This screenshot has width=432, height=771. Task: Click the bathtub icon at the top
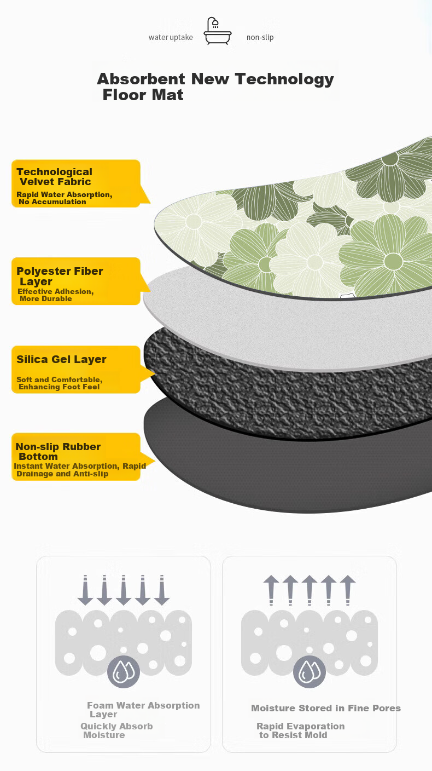[218, 31]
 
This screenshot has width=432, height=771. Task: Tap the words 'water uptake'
[171, 37]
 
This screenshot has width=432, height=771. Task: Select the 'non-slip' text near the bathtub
[260, 37]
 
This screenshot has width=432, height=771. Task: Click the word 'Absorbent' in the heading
[141, 79]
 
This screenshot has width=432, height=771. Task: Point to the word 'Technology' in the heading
[284, 79]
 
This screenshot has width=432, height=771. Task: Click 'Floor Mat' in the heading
[143, 95]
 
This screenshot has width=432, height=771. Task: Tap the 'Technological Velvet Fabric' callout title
[55, 176]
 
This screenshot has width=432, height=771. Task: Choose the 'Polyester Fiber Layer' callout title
[60, 276]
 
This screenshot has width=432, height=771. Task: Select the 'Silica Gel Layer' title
[61, 359]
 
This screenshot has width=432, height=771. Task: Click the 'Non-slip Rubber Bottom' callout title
[58, 451]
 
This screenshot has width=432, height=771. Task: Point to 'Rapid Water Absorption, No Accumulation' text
[65, 198]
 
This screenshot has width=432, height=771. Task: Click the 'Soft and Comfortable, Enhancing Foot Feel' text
[60, 383]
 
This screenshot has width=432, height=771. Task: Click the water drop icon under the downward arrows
[124, 671]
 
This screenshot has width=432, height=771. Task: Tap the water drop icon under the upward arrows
[310, 671]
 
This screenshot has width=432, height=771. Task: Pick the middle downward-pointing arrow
[124, 590]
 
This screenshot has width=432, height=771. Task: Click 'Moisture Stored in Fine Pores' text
[326, 708]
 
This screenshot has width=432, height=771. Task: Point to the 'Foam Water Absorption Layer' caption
[143, 710]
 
